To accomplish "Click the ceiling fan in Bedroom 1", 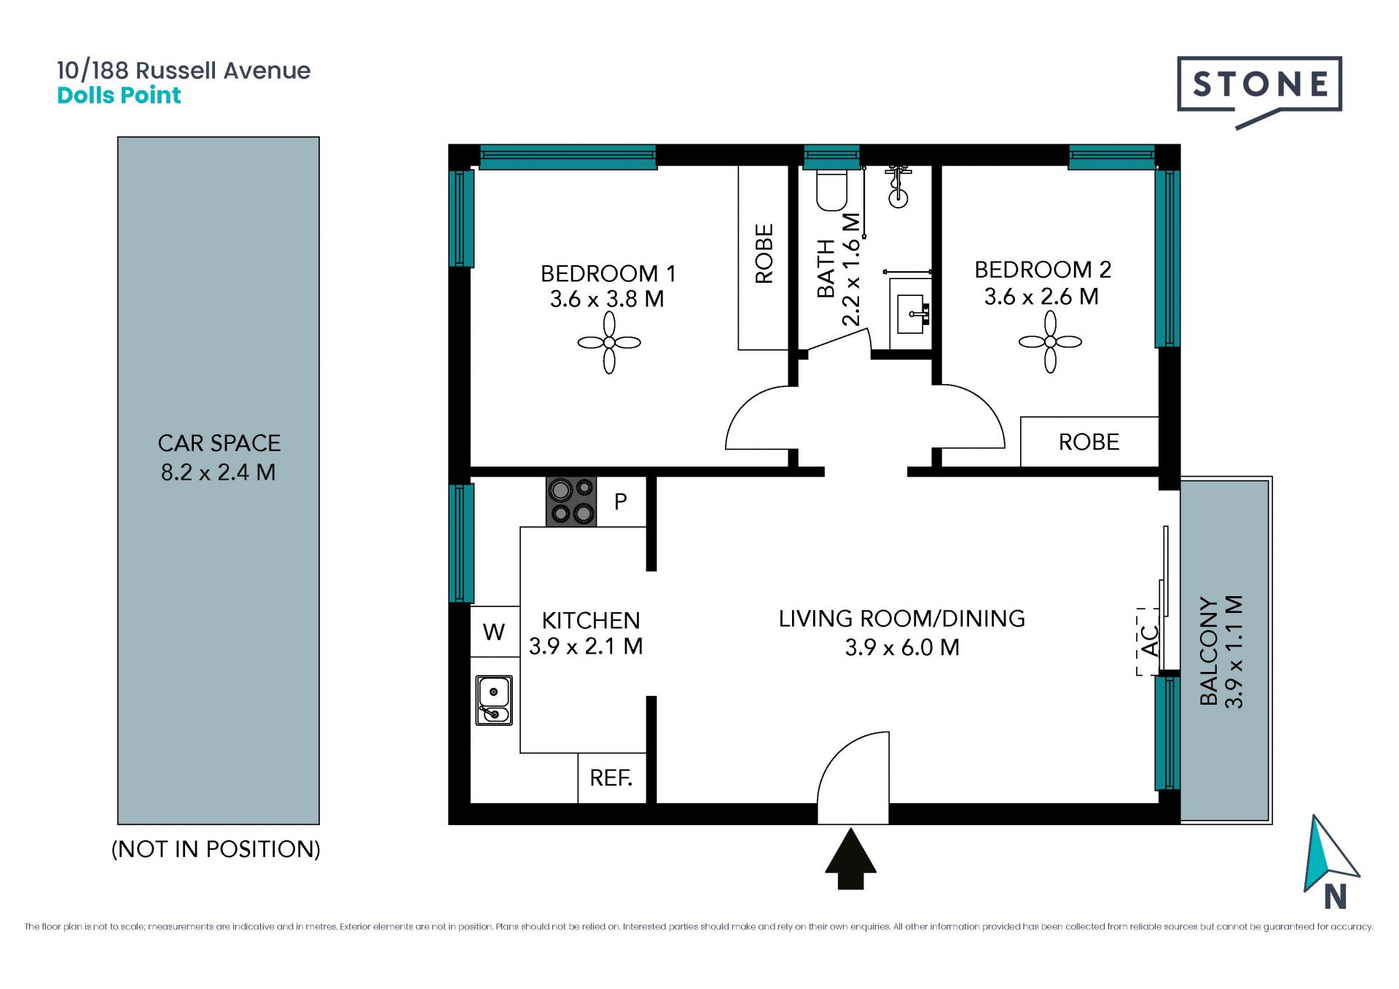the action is tap(609, 343).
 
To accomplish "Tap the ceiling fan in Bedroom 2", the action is tap(1050, 342).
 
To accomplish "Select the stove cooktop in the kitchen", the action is tap(571, 501).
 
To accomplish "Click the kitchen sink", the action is tap(494, 700).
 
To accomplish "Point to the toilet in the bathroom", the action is tap(831, 190).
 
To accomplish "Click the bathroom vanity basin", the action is tap(911, 314).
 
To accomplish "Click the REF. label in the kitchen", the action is tap(611, 778).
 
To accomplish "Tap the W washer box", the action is tap(494, 631).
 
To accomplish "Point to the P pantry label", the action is tap(621, 501).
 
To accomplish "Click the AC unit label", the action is tap(1150, 641).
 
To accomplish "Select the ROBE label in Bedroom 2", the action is tap(1089, 442).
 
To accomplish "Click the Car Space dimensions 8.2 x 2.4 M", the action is tap(219, 472).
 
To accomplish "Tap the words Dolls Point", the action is tap(119, 95).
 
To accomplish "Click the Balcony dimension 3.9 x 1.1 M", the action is tap(1234, 652).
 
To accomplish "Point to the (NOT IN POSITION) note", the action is tap(216, 849).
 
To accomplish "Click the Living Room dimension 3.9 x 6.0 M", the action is tap(902, 647).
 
